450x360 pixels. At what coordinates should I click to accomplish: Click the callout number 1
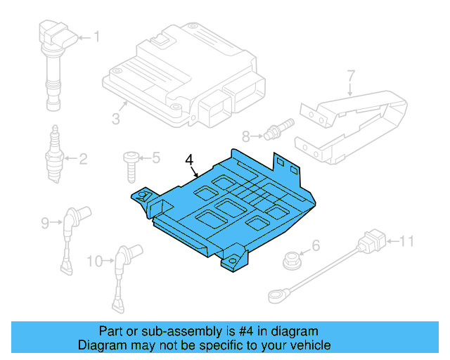click(x=97, y=37)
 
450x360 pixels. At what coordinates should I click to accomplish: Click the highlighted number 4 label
click(x=188, y=160)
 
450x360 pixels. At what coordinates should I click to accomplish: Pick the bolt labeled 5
click(x=131, y=164)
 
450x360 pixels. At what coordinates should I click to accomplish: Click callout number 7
click(x=351, y=74)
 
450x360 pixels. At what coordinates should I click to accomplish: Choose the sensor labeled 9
click(x=71, y=232)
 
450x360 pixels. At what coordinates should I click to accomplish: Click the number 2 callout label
click(x=82, y=159)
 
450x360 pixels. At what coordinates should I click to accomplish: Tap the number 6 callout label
click(x=316, y=245)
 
